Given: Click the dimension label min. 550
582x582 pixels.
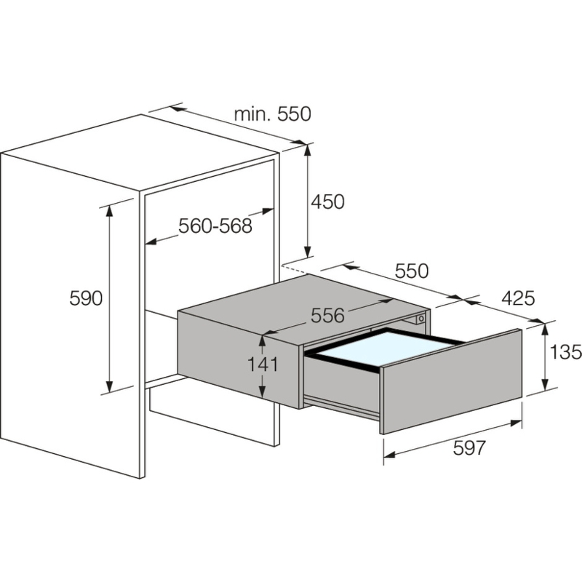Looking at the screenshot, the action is point(272,114).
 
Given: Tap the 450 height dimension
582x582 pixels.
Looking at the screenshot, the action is point(328,202).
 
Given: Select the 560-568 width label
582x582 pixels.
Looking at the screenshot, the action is point(215,226).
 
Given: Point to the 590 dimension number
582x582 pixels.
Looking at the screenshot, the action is point(86,298).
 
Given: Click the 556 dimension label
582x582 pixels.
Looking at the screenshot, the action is point(328,316).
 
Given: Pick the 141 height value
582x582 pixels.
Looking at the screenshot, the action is point(263,364).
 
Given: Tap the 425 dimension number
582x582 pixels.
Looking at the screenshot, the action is point(518,298).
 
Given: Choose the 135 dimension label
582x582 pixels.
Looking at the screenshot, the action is point(566,352).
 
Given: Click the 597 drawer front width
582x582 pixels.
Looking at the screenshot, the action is point(469,448).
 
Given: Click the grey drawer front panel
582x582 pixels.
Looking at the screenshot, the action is point(451,381).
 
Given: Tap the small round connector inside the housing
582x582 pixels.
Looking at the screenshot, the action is point(421,319).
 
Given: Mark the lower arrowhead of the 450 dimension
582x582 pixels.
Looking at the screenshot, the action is point(307,251).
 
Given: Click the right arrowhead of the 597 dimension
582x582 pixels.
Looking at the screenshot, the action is point(517,423).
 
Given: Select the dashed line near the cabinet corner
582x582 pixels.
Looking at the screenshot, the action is point(295,269).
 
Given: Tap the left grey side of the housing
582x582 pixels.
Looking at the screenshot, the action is point(239,360).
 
